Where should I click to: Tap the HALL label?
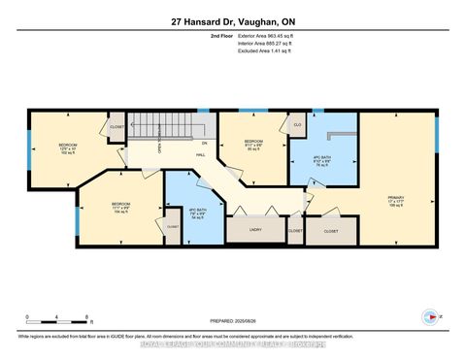[x=200, y=153]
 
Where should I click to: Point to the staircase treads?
[x=155, y=125]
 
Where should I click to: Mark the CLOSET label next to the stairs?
[x=116, y=126]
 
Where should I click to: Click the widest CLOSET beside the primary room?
[x=330, y=231]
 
